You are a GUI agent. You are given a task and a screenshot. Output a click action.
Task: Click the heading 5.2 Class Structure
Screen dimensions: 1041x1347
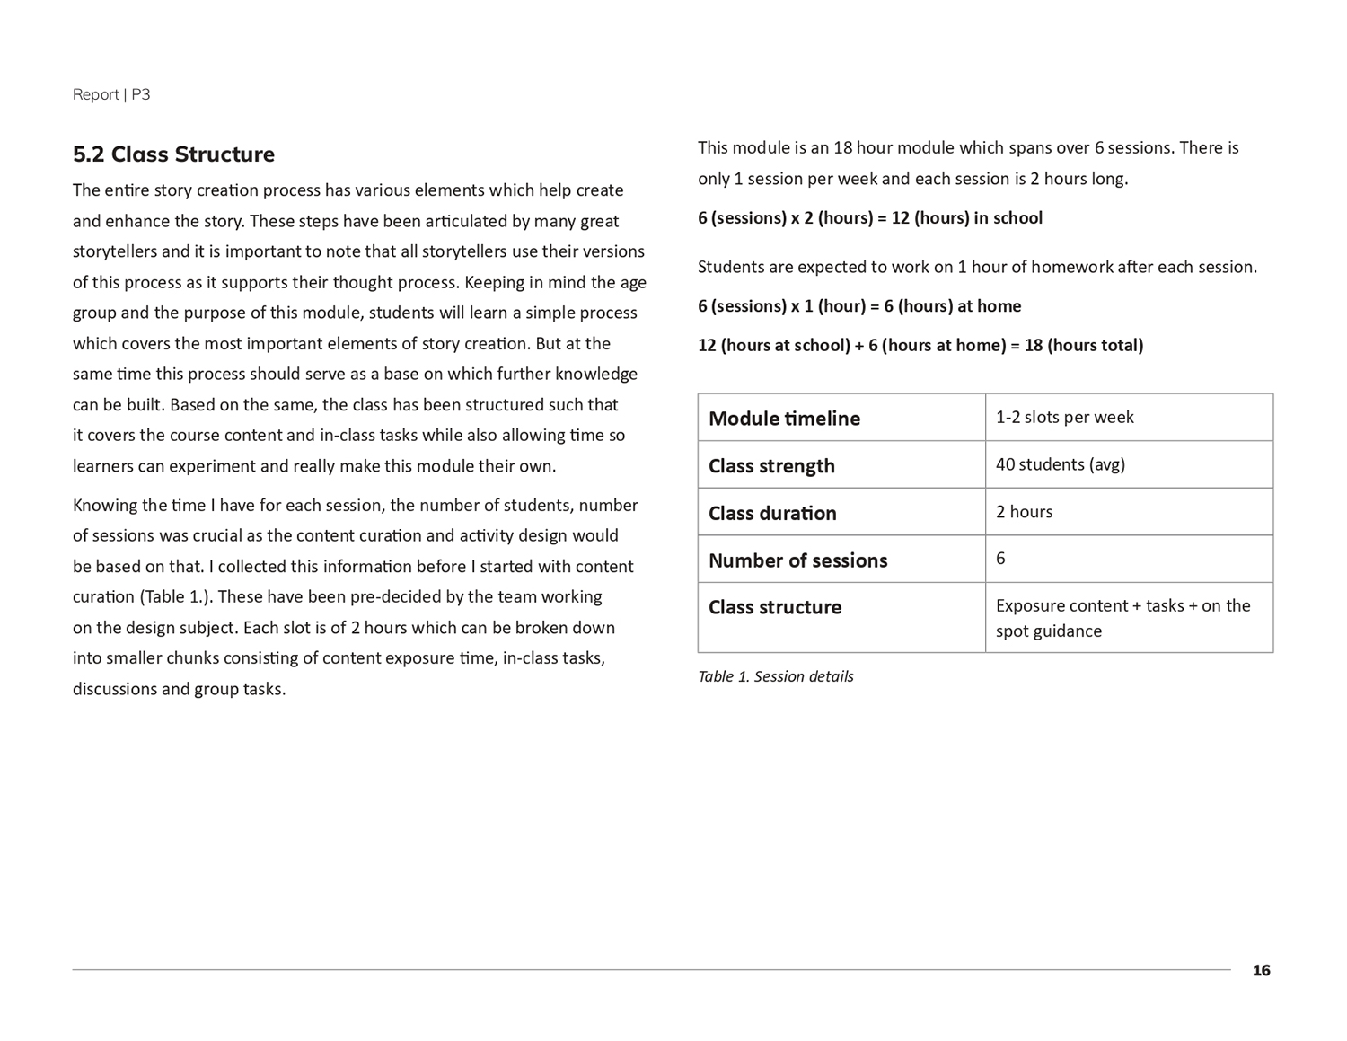point(173,154)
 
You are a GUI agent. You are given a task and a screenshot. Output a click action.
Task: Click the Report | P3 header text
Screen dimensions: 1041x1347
point(111,94)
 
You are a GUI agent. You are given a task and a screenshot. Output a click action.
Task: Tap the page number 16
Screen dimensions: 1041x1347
point(1261,970)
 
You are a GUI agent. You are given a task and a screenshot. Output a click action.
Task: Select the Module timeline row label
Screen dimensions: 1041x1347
point(784,419)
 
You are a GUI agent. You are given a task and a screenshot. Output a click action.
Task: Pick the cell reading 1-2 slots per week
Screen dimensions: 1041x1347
point(1064,417)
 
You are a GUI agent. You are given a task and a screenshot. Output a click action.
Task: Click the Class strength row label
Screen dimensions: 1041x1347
point(771,466)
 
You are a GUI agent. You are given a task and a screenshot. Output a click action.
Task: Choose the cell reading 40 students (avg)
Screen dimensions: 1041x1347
point(1060,464)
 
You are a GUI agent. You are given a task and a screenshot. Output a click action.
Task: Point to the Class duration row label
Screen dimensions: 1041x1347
point(772,514)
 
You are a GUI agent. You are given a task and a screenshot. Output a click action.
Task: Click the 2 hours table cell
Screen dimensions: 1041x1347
point(1024,512)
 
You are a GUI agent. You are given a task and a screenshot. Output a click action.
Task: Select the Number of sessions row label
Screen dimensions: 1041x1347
point(797,560)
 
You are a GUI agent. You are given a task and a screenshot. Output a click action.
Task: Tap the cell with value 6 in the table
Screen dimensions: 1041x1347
point(1000,559)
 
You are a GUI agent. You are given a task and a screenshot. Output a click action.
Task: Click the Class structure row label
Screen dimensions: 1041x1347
point(775,607)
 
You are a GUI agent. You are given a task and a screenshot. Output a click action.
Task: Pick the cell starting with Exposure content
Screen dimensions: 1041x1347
point(1122,618)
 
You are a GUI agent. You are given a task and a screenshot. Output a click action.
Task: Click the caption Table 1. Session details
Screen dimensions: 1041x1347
point(775,676)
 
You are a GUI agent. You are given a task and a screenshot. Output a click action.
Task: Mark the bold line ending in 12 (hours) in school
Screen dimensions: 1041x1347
point(869,218)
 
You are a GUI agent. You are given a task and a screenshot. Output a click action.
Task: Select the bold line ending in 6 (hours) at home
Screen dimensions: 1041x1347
point(858,306)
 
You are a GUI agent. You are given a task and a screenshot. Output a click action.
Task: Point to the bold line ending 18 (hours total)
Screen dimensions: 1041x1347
point(920,346)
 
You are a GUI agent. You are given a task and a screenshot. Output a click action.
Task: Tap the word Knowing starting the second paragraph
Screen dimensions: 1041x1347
point(104,506)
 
